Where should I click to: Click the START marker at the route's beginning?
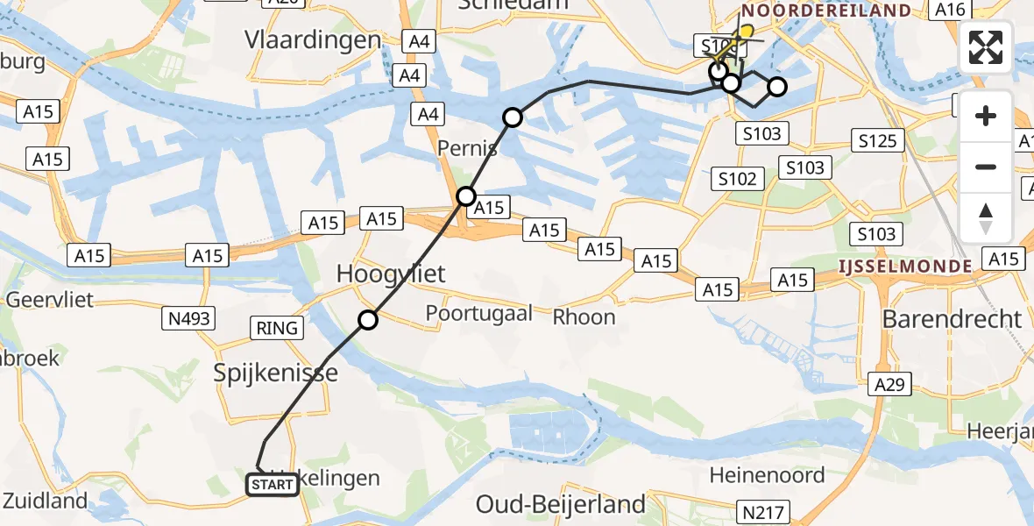point(273,484)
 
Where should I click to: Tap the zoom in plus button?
point(986,117)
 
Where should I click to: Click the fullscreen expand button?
point(986,47)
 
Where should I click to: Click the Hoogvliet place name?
point(391,274)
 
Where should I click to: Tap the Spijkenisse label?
point(276,373)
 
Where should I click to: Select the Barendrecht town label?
point(952,318)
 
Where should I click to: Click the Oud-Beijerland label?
point(561,504)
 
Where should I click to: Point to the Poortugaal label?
point(478,313)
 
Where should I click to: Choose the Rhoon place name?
point(584,316)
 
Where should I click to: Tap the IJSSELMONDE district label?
point(905,266)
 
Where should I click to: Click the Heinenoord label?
point(767,475)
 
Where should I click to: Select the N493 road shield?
point(188,319)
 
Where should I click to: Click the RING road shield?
point(278,329)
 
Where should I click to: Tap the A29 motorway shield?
point(891,383)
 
